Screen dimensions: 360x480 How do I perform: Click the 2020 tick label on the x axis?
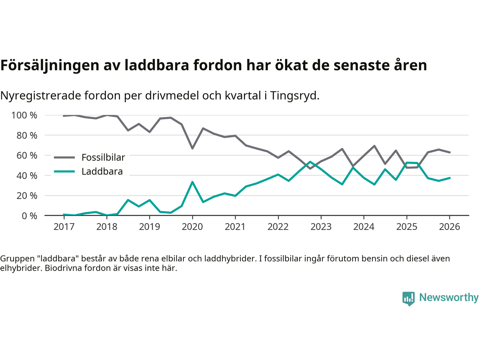point(192,227)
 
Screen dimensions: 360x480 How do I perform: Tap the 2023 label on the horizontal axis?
point(321,227)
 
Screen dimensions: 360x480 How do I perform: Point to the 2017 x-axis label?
point(64,227)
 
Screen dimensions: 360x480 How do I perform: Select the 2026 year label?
point(449,227)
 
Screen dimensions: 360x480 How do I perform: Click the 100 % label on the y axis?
point(24,115)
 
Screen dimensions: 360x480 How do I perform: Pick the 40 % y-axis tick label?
point(27,175)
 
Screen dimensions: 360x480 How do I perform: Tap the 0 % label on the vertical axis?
point(29,216)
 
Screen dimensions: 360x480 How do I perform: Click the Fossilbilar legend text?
point(103,157)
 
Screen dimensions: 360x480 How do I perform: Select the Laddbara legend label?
point(102,172)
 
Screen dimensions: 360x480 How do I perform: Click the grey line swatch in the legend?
point(64,157)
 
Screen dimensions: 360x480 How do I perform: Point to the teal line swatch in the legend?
point(64,172)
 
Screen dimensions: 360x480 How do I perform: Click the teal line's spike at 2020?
point(192,182)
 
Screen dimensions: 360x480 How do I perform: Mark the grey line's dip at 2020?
point(192,148)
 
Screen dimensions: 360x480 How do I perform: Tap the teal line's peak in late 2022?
point(310,162)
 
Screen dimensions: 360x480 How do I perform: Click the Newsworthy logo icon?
point(408,298)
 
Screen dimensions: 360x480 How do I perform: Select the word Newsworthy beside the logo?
point(449,297)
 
